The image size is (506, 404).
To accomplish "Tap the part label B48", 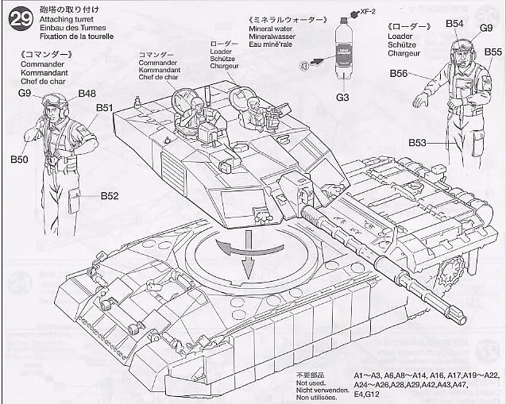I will (87, 94).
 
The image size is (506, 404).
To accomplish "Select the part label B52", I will (109, 196).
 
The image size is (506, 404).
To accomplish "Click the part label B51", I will (104, 108).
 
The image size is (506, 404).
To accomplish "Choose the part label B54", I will (454, 24).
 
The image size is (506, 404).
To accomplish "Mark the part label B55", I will (492, 52).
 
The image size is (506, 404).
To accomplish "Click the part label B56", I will (399, 74).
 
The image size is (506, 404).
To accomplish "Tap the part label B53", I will (419, 143).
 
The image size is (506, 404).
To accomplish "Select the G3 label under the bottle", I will (343, 97).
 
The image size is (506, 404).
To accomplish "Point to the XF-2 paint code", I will (367, 12).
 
